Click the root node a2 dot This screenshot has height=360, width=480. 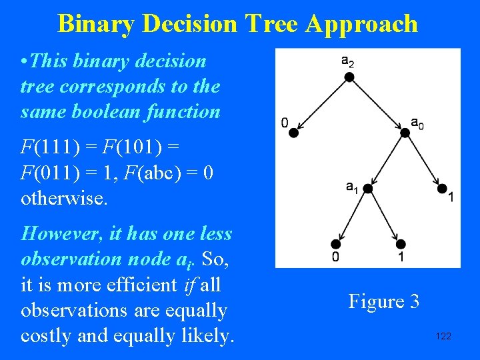348,77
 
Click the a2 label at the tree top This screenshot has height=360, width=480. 347,61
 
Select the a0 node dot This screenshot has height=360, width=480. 404,133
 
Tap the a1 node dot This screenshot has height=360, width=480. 367,189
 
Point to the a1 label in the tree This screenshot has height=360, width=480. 352,188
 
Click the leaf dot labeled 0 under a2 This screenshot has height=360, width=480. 293,133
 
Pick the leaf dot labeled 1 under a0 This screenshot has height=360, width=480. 441,189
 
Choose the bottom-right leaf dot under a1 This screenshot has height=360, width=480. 401,244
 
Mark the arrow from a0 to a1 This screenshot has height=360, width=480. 386,161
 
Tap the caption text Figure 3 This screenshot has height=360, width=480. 383,301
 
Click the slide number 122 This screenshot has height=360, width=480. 443,336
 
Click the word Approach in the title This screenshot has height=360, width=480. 362,24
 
